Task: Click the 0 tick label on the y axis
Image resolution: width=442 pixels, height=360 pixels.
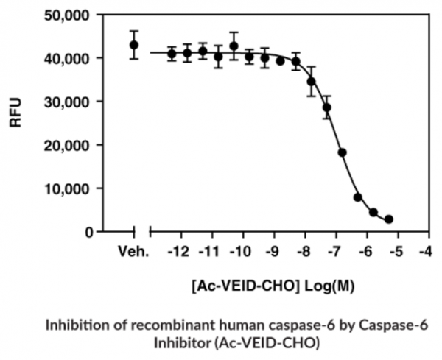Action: tap(88, 231)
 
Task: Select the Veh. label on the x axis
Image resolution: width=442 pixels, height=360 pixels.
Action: tap(134, 252)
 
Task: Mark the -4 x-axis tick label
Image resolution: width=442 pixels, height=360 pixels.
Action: tap(424, 252)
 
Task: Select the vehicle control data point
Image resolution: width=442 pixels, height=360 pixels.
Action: tap(134, 45)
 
